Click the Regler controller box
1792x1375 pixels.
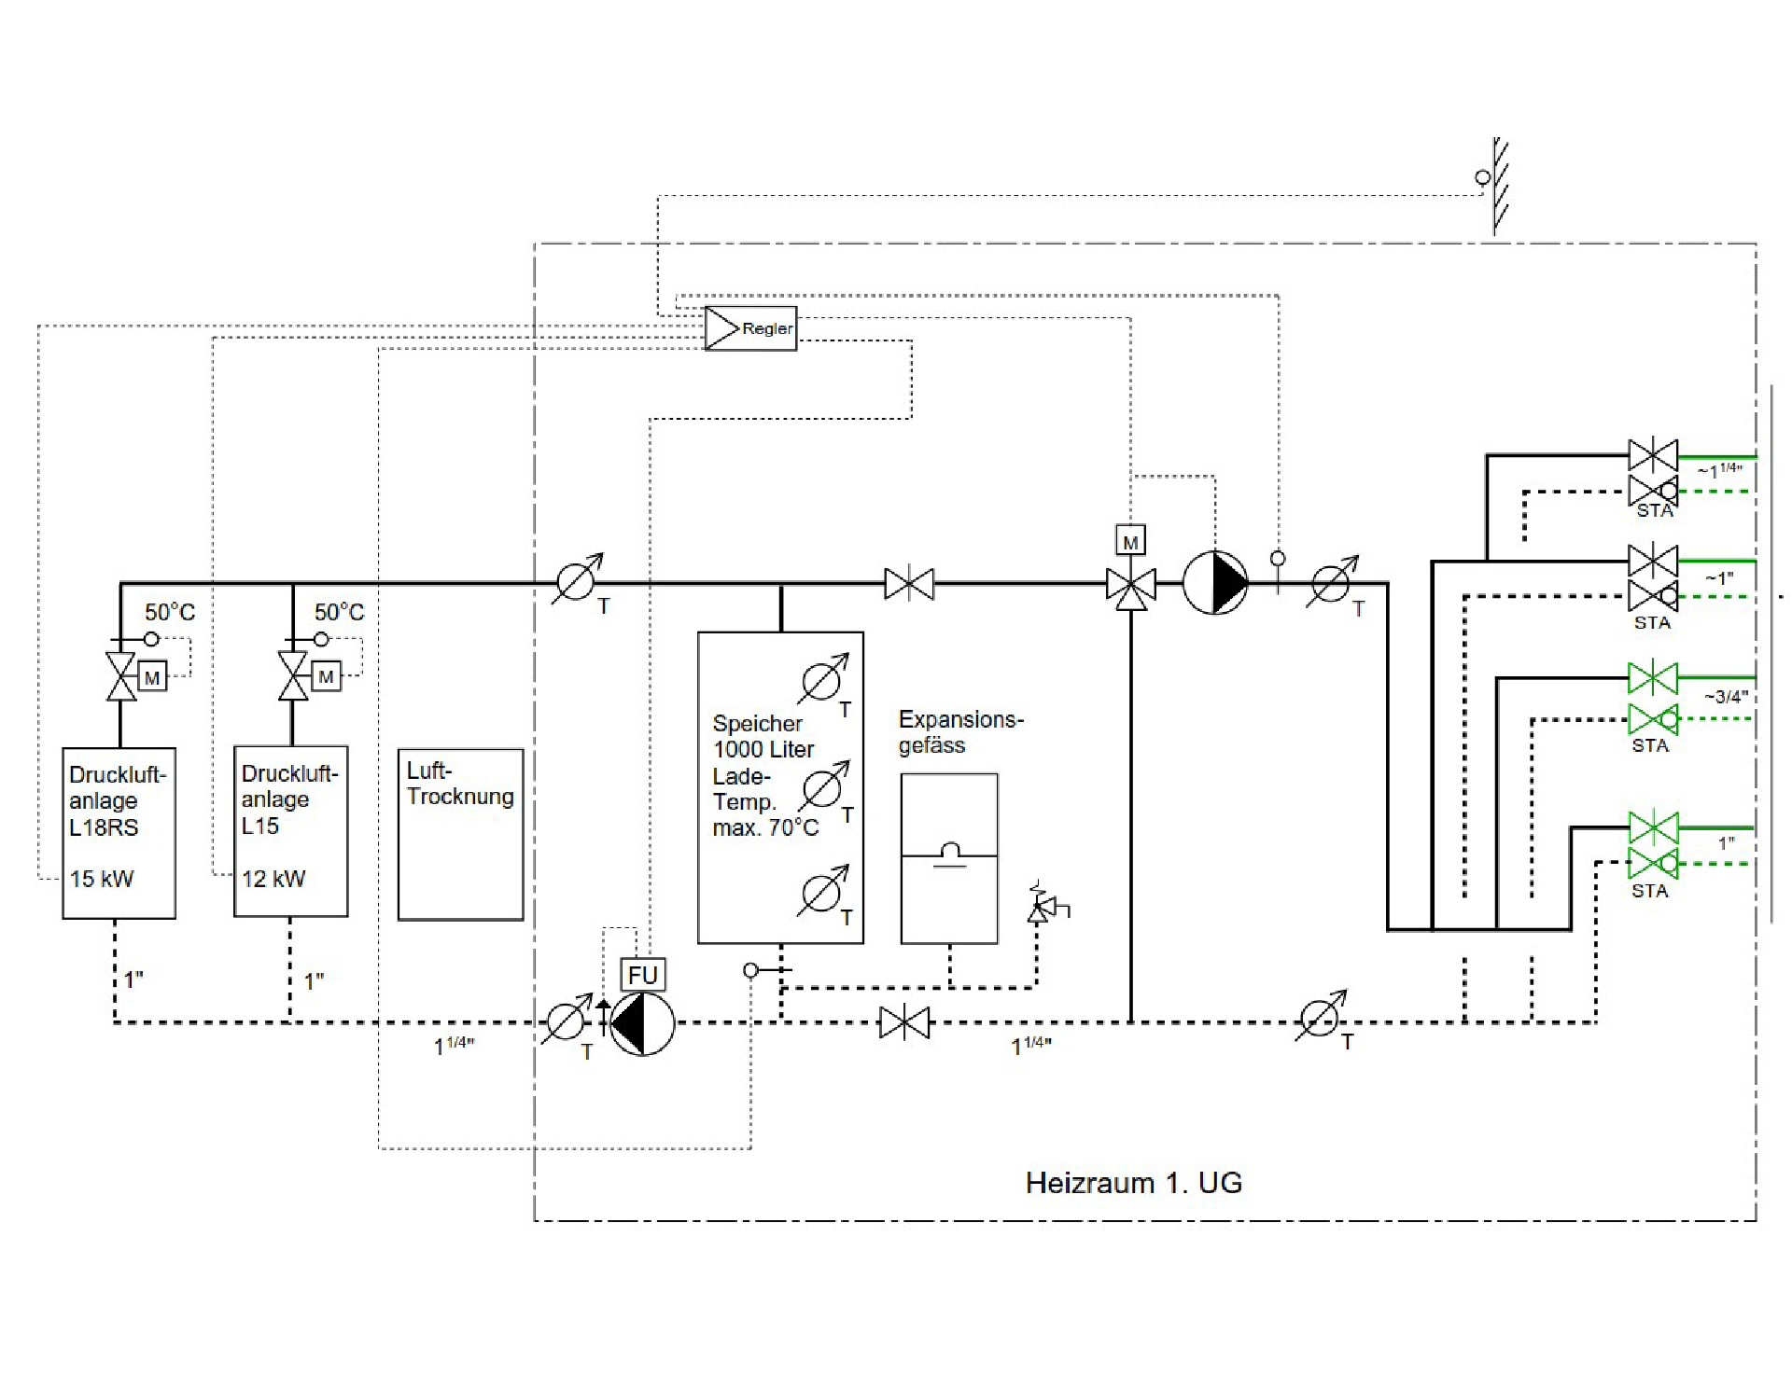750,328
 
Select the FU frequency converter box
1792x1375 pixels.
643,975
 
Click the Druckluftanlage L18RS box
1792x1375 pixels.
119,833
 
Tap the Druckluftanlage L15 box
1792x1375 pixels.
291,831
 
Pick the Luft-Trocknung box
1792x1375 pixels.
461,835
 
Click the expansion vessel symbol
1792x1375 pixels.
949,858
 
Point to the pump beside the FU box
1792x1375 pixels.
642,1023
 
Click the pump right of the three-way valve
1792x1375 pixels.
1215,583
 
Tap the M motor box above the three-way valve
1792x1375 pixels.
1131,541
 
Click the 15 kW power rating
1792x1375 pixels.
102,879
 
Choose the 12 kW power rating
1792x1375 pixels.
273,879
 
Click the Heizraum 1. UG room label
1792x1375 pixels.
1134,1183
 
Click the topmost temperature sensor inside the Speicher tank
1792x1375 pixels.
823,680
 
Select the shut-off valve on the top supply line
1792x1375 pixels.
909,584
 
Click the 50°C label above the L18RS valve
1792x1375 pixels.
170,612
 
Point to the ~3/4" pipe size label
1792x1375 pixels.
1726,697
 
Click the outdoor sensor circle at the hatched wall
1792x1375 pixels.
1482,177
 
